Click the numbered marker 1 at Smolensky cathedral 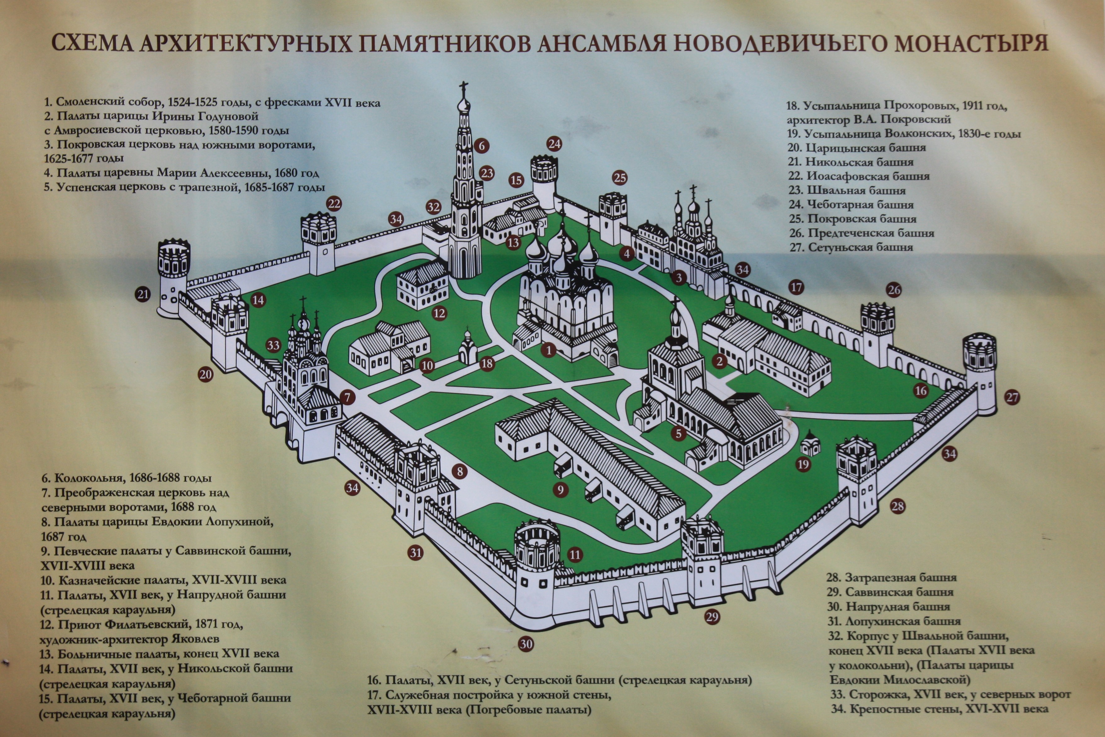(548, 349)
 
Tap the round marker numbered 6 (482, 146)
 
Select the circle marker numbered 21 (143, 295)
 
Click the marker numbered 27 (1012, 397)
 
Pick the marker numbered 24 (555, 144)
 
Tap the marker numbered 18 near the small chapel (487, 363)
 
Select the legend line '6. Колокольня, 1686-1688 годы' (126, 478)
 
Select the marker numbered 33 (273, 345)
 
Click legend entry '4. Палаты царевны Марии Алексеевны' (181, 173)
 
